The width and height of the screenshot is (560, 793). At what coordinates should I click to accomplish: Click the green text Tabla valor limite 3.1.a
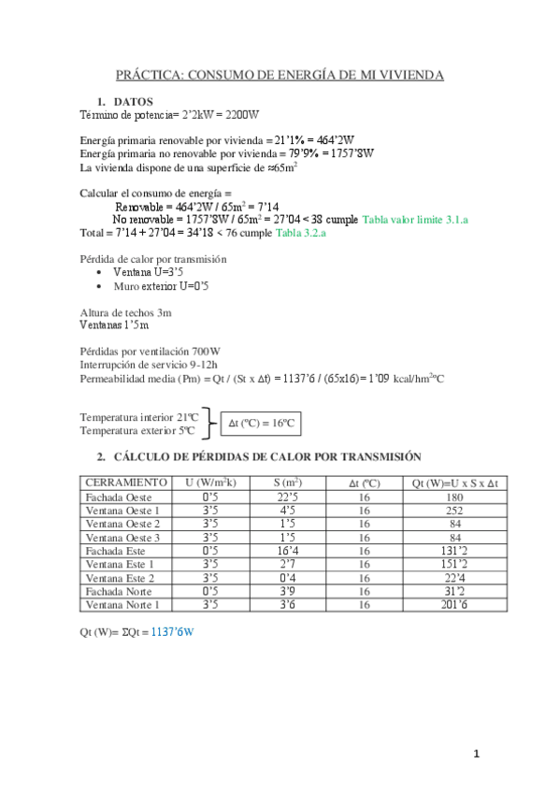coord(414,219)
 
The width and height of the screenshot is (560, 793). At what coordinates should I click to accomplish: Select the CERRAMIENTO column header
coord(125,482)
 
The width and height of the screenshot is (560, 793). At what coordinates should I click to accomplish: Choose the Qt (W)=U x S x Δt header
coord(453,483)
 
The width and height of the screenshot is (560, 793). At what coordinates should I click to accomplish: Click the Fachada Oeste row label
coord(118,497)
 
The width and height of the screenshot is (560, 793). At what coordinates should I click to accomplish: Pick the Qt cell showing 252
coord(453,511)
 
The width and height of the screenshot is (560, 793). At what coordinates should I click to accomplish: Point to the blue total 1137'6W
coord(172,632)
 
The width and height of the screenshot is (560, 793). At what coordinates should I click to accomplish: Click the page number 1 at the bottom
coord(476,754)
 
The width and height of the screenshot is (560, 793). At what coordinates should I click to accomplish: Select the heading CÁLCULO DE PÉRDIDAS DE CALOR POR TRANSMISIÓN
coord(266,456)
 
